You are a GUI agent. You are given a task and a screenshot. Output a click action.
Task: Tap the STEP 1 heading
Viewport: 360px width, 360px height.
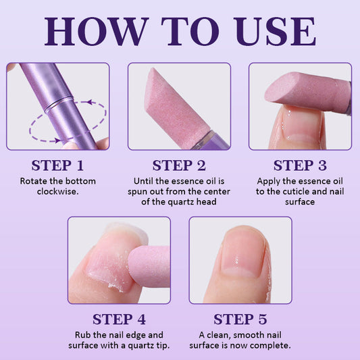[x=57, y=165]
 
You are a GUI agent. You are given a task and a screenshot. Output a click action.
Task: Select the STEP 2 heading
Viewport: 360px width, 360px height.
[x=179, y=165]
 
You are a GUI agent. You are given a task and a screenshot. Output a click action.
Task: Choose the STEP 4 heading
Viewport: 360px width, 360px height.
[x=119, y=319]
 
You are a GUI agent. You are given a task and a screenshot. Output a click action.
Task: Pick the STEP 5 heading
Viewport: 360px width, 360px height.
[x=240, y=319]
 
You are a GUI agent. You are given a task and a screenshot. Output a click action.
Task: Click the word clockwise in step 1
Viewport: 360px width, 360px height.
[x=57, y=191]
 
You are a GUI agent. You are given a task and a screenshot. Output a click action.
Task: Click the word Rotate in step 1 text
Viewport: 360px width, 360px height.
[x=33, y=181]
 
